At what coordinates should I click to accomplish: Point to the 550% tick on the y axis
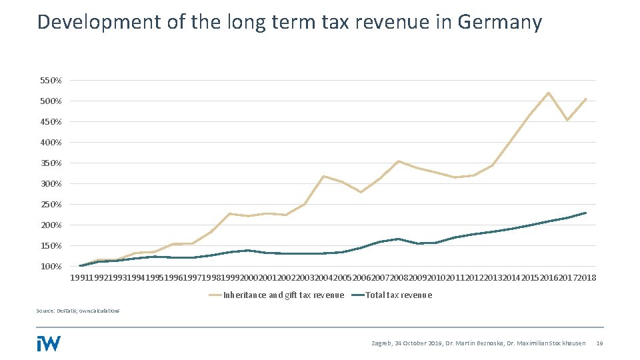[x=51, y=81]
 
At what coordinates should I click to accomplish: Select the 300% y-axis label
[x=51, y=184]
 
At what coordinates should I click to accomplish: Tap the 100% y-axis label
[x=51, y=267]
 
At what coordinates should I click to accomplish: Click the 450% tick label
[x=51, y=122]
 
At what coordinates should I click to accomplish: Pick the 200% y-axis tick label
[x=51, y=225]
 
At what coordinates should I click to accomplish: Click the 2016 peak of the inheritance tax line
[x=548, y=93]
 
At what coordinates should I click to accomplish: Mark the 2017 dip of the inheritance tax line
[x=567, y=120]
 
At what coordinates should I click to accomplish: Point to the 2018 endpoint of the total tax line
[x=585, y=213]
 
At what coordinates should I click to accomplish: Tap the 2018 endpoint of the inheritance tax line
[x=585, y=99]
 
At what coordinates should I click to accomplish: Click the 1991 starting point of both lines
[x=80, y=266]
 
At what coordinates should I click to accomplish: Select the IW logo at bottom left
[x=49, y=343]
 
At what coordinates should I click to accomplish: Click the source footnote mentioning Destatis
[x=79, y=311]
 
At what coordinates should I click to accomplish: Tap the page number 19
[x=599, y=343]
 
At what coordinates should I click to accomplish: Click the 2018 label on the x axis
[x=587, y=277]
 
